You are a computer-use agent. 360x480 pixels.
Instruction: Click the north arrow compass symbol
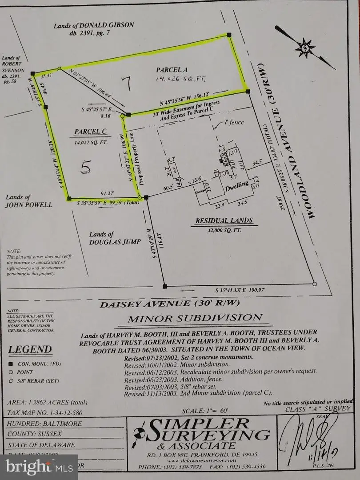click(x=305, y=47)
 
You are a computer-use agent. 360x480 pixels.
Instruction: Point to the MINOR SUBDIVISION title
click(x=195, y=319)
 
